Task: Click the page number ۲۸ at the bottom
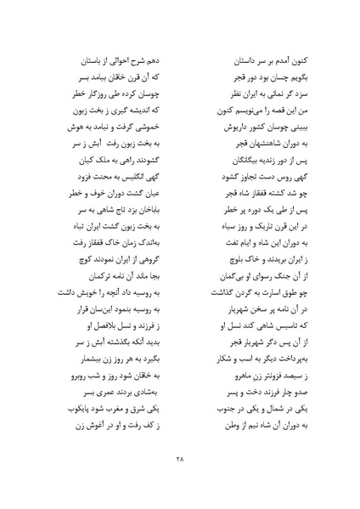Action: (x=180, y=461)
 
